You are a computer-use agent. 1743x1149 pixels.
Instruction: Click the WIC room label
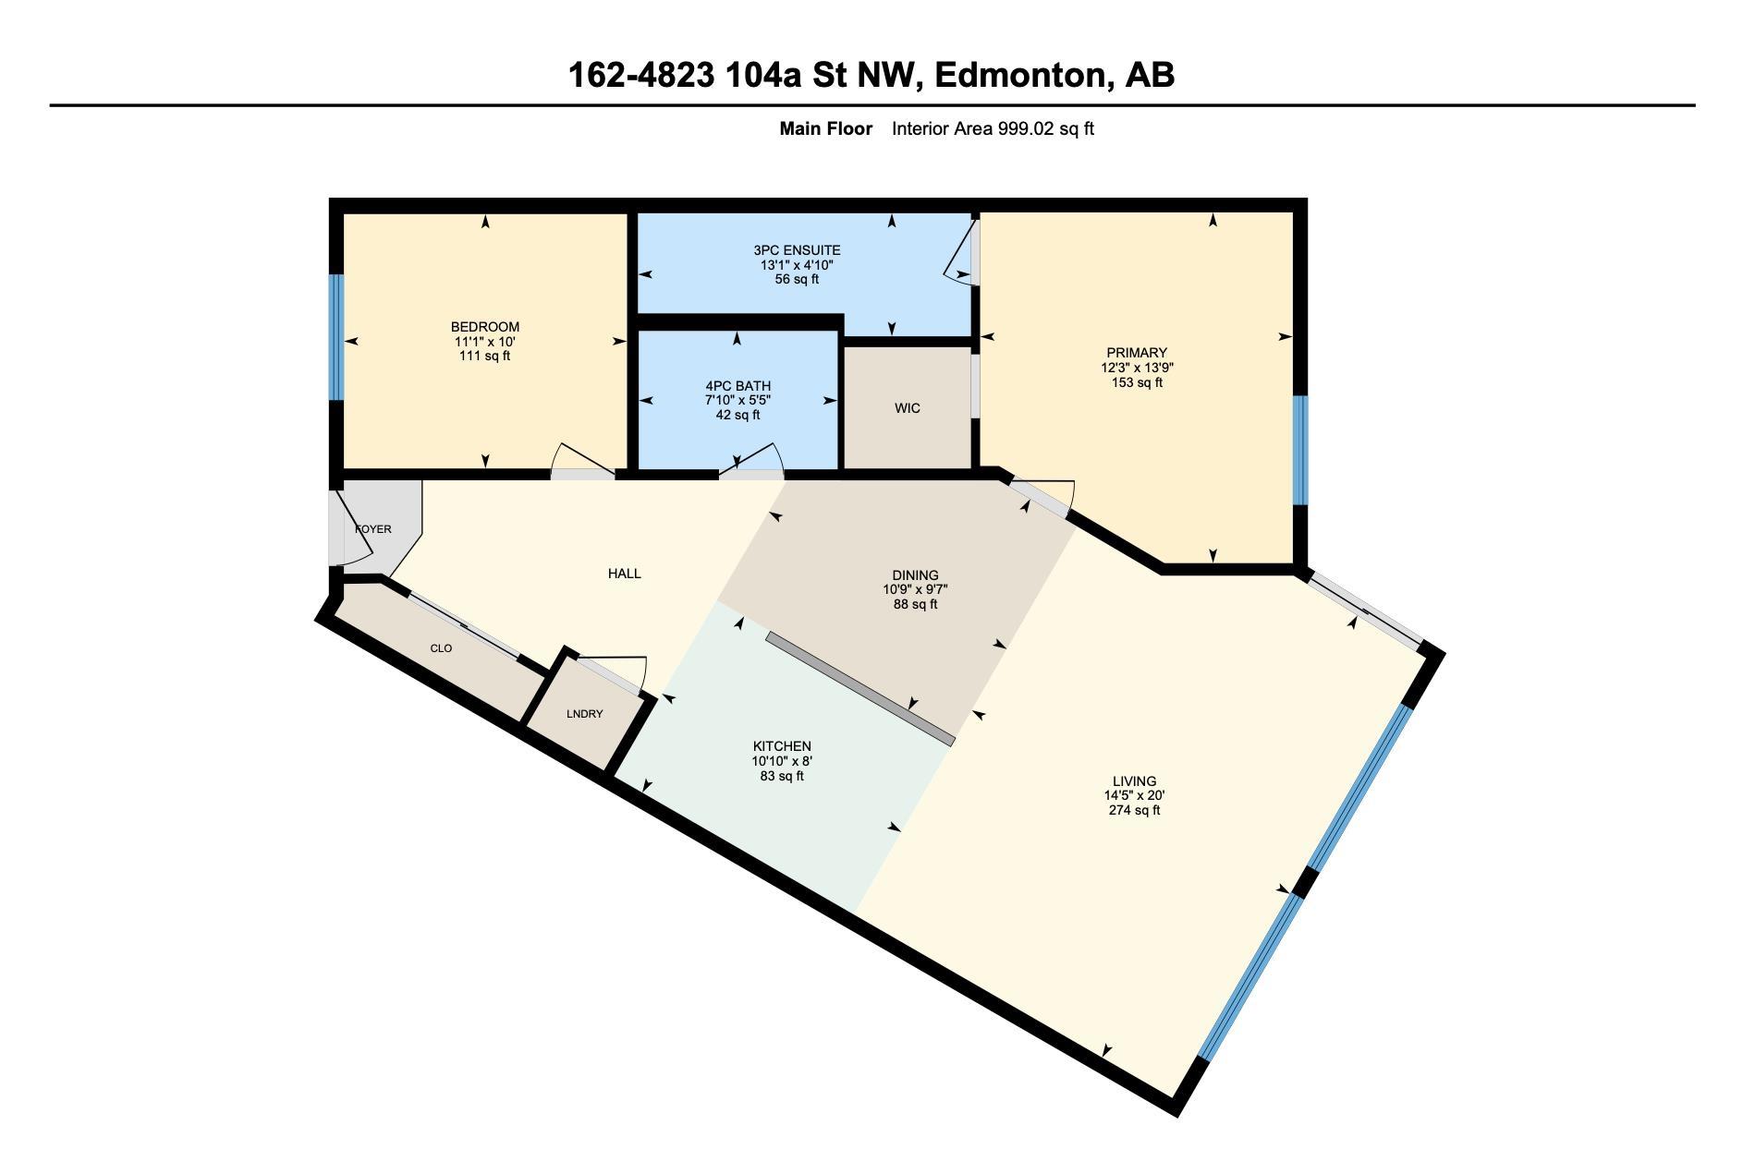[907, 408]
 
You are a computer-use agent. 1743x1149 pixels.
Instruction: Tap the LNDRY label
[584, 714]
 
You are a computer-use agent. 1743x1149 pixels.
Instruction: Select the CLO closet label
[441, 648]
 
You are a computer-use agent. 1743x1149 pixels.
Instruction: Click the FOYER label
[373, 529]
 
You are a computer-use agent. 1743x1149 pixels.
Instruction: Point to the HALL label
[624, 574]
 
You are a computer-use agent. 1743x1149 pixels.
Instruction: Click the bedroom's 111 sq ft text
[484, 357]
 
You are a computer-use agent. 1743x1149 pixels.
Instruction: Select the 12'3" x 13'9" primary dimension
[1137, 368]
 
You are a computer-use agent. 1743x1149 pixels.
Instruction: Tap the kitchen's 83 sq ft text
[781, 777]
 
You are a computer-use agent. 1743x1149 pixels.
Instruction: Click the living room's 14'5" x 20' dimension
[1134, 796]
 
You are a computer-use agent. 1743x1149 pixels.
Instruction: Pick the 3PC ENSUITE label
[797, 250]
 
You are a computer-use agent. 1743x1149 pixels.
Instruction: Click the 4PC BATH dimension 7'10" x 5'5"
[737, 401]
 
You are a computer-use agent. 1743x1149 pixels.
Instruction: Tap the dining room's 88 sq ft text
[915, 605]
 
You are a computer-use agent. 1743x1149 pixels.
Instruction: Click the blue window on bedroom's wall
[336, 337]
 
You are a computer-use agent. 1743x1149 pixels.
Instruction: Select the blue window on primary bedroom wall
[1300, 450]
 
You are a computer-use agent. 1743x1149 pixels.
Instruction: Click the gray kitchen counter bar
[859, 688]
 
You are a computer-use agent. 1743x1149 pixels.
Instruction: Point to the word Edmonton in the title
[1020, 75]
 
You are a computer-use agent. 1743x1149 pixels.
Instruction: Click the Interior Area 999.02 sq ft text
[992, 129]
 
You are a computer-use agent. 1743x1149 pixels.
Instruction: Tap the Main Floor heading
[825, 129]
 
